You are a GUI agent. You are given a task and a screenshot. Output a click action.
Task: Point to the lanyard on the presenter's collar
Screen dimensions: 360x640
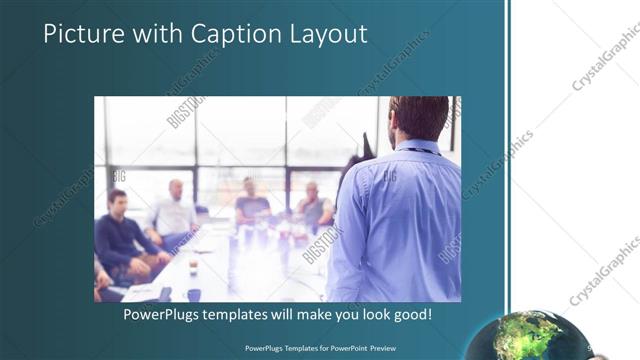420,153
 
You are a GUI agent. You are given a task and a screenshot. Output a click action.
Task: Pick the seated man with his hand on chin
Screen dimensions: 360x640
312,205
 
